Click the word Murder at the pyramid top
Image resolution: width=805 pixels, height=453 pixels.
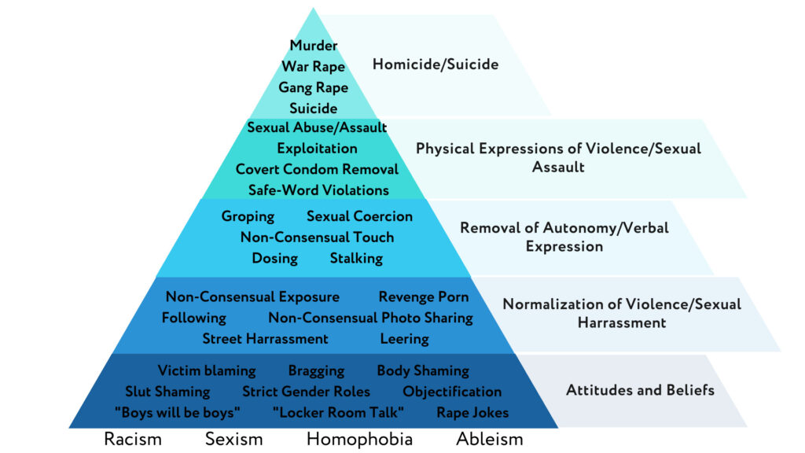pyautogui.click(x=313, y=45)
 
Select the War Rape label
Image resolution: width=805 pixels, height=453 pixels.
pyautogui.click(x=313, y=66)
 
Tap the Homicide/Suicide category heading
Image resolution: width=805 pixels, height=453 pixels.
pyautogui.click(x=436, y=64)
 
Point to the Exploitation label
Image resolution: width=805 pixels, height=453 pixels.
pyautogui.click(x=317, y=149)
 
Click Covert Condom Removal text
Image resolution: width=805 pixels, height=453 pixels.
pyautogui.click(x=317, y=169)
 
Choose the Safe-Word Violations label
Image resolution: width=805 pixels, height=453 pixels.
pyautogui.click(x=318, y=190)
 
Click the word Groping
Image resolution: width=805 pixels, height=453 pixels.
pyautogui.click(x=248, y=216)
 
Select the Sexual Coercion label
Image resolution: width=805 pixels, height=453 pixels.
pyautogui.click(x=359, y=216)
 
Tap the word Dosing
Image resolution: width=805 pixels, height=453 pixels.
pyautogui.click(x=274, y=258)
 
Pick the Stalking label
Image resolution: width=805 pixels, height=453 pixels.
pyautogui.click(x=356, y=258)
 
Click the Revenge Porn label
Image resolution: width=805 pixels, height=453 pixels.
pyautogui.click(x=424, y=296)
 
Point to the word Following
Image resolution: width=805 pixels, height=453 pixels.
pyautogui.click(x=193, y=318)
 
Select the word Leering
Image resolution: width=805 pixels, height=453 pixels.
pyautogui.click(x=404, y=339)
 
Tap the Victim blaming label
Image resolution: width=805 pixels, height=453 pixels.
pyautogui.click(x=207, y=370)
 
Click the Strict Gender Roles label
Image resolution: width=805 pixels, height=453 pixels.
pyautogui.click(x=306, y=392)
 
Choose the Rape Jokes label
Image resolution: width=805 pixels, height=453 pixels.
pyautogui.click(x=472, y=412)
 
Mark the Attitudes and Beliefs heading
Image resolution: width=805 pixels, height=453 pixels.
pyautogui.click(x=640, y=390)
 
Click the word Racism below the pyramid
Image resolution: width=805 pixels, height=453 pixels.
pyautogui.click(x=132, y=439)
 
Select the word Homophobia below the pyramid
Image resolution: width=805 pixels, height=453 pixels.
pyautogui.click(x=359, y=439)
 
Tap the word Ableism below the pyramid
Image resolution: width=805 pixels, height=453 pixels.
pyautogui.click(x=489, y=439)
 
